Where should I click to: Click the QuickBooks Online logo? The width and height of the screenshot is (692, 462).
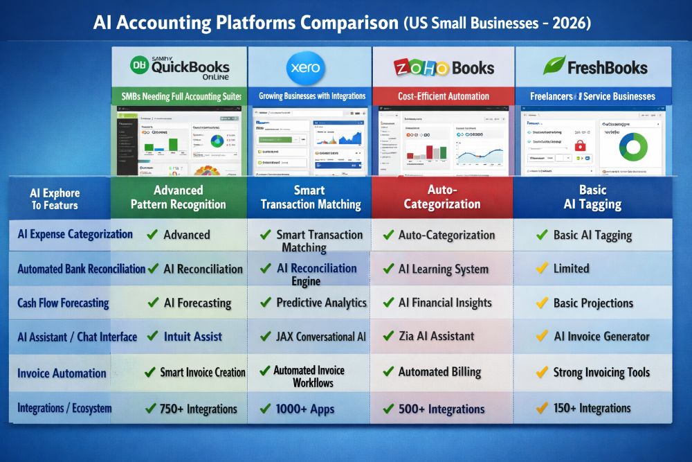[x=179, y=66]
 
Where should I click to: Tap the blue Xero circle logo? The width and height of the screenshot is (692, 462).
[x=304, y=68]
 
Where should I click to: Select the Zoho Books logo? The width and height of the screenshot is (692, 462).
[x=444, y=67]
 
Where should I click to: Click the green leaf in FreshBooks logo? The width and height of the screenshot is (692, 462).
[x=554, y=66]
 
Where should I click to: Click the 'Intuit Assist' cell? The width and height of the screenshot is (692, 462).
[x=192, y=337]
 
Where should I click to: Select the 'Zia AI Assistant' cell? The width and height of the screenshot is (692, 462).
[x=436, y=337]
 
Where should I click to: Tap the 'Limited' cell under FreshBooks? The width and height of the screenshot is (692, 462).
[x=571, y=268]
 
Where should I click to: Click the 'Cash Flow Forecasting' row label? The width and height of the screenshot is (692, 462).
[x=64, y=303]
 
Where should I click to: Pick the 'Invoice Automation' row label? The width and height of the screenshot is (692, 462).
[x=62, y=373]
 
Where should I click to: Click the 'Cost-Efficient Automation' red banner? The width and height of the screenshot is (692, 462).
[x=443, y=96]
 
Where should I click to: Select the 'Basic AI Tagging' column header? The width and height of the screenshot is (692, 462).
[x=592, y=197]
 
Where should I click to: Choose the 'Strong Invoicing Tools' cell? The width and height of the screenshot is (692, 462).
[x=601, y=373]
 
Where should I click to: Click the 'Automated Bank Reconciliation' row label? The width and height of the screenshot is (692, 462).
[x=81, y=269]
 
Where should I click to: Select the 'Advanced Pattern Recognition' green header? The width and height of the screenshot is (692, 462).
[x=178, y=197]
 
